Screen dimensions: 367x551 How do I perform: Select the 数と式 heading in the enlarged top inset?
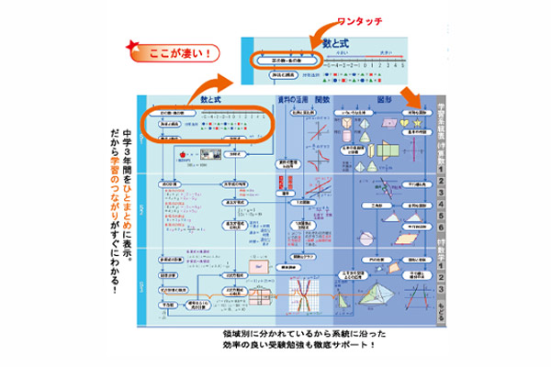click(x=337, y=42)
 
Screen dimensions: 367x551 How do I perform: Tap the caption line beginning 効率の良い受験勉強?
click(x=299, y=346)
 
